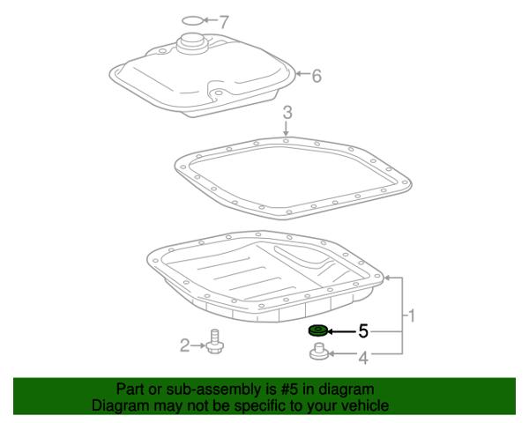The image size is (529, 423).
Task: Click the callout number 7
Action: pos(224,21)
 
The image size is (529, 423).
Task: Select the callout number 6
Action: pos(317,76)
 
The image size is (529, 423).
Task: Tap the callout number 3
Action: pos(287,113)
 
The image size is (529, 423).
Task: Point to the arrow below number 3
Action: pos(286,129)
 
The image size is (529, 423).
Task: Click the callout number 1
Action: pos(411,316)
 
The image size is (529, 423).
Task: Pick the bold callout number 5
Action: pos(363,331)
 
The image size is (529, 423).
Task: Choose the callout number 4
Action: pos(363,358)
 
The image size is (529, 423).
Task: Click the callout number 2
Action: pos(185,345)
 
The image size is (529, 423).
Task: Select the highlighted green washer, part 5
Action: pos(318,330)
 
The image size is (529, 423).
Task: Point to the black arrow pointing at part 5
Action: pos(342,331)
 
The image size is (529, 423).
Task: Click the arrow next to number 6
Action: pos(302,73)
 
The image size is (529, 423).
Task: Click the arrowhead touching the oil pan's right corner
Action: pos(387,278)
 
